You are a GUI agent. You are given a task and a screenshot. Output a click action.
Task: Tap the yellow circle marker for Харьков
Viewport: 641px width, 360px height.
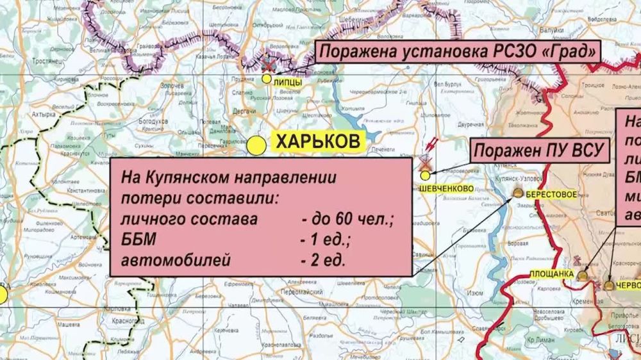point(256,145)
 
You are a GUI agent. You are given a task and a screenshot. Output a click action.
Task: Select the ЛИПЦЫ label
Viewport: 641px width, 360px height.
point(287,82)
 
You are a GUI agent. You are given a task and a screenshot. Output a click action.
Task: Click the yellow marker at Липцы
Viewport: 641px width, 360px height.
point(266,79)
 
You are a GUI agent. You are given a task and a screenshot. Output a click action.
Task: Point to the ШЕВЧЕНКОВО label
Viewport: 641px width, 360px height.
point(447,188)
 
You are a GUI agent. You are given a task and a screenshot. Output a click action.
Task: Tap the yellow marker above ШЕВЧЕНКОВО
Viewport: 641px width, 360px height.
point(425,176)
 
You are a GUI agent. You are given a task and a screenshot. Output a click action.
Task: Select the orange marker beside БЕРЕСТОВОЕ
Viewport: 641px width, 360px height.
point(518,193)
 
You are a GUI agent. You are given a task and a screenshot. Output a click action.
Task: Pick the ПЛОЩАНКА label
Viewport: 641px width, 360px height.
point(551,274)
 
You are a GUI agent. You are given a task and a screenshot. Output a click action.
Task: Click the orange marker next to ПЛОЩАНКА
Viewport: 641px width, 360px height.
point(582,275)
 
